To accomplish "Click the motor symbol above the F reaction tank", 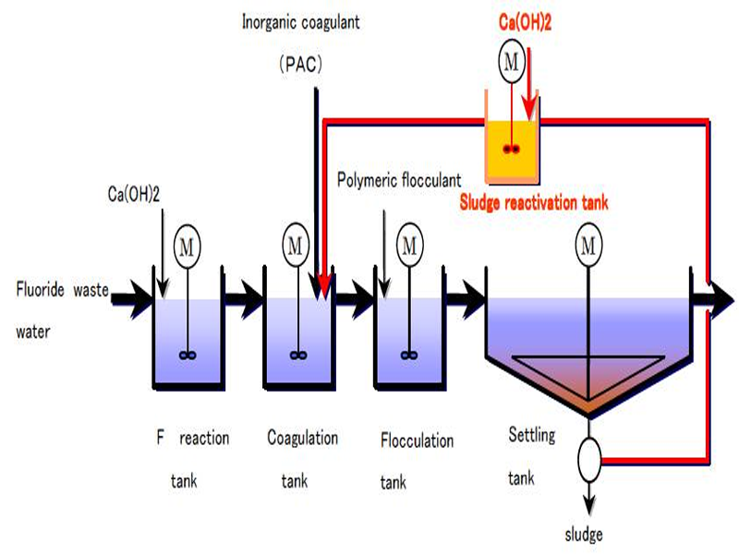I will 188,247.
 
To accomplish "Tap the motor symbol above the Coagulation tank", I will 296,245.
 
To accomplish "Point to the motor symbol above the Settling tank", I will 588,245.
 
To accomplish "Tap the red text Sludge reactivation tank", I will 534,202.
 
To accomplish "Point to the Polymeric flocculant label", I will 399,178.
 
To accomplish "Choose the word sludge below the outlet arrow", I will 585,534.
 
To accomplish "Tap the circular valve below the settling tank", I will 588,453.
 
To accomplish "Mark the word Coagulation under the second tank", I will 302,437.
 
